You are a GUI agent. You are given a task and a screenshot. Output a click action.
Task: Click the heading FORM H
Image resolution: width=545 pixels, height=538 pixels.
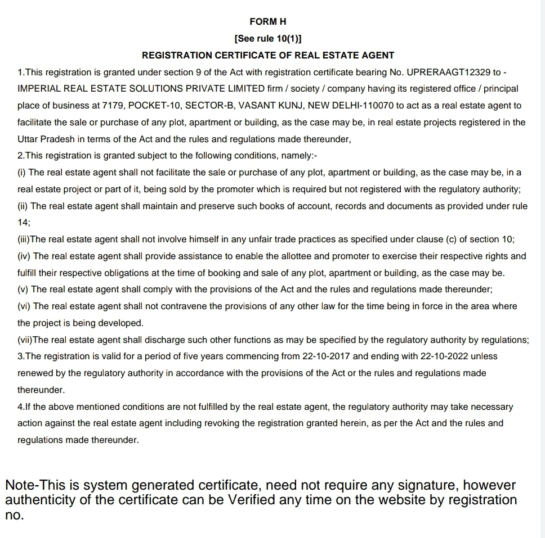pyautogui.click(x=268, y=21)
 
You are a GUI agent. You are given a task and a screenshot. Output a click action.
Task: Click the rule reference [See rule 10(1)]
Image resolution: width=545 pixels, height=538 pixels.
pyautogui.click(x=268, y=38)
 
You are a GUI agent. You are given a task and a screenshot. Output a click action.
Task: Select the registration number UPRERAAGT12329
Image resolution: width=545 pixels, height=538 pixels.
pyautogui.click(x=448, y=72)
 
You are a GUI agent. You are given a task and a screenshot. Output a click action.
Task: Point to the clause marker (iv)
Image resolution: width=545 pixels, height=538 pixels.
pyautogui.click(x=24, y=256)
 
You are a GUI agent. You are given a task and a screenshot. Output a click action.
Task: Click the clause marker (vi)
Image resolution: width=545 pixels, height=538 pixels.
pyautogui.click(x=24, y=306)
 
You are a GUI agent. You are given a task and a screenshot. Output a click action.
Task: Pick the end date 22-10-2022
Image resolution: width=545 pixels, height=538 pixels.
pyautogui.click(x=445, y=356)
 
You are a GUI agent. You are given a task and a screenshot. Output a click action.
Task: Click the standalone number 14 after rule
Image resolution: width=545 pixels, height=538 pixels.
pyautogui.click(x=23, y=223)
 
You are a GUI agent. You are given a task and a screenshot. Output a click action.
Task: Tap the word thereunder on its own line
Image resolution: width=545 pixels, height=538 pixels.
pyautogui.click(x=41, y=390)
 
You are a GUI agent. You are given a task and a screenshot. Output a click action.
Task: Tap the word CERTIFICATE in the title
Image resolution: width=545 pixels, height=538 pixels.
pyautogui.click(x=248, y=55)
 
